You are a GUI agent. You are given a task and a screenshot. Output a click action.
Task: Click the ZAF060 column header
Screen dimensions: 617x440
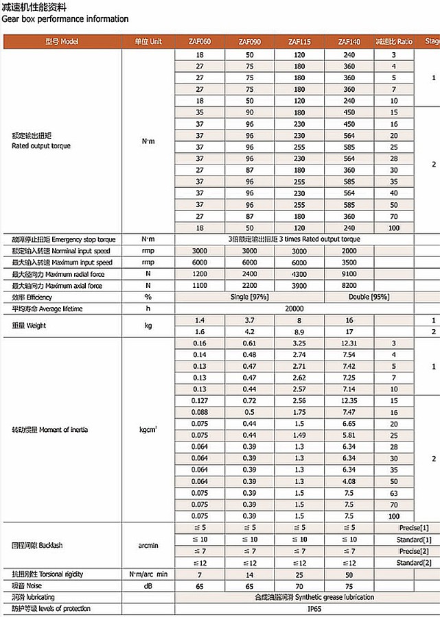pyautogui.click(x=200, y=42)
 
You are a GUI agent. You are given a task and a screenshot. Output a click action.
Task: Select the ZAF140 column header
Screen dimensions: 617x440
pyautogui.click(x=349, y=42)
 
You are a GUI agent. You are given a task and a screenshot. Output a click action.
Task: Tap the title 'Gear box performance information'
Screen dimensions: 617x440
pyautogui.click(x=65, y=19)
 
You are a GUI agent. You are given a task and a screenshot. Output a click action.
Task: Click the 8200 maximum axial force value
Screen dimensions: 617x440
pyautogui.click(x=349, y=286)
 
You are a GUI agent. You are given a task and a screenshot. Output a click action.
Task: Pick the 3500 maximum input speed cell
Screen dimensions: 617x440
pyautogui.click(x=349, y=263)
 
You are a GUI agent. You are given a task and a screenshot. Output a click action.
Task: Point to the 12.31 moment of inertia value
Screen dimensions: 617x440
pyautogui.click(x=349, y=343)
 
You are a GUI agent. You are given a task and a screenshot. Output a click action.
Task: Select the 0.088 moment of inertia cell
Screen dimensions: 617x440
pyautogui.click(x=200, y=411)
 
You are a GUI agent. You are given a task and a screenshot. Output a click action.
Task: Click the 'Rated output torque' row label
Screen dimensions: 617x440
pyautogui.click(x=41, y=146)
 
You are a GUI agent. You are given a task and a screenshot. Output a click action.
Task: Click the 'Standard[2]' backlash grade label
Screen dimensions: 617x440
pyautogui.click(x=415, y=563)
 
